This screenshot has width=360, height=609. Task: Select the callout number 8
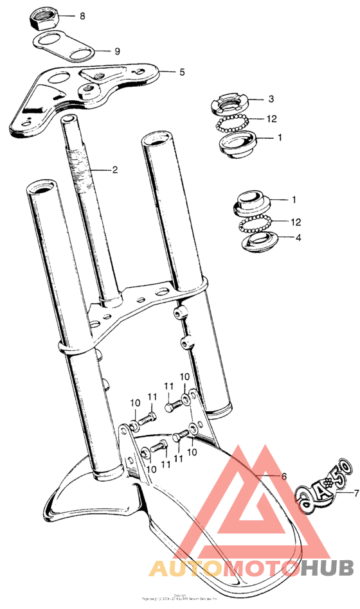coord(82,15)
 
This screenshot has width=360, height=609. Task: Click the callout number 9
coord(117,51)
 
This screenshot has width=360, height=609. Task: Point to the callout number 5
coord(182,72)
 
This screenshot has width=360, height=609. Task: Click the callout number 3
coord(271,99)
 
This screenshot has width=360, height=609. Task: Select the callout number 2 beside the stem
coord(115,170)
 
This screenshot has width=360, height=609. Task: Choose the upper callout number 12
coord(273,118)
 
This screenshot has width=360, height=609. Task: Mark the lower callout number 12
coord(296,222)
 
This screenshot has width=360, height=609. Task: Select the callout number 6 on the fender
coord(282,476)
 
